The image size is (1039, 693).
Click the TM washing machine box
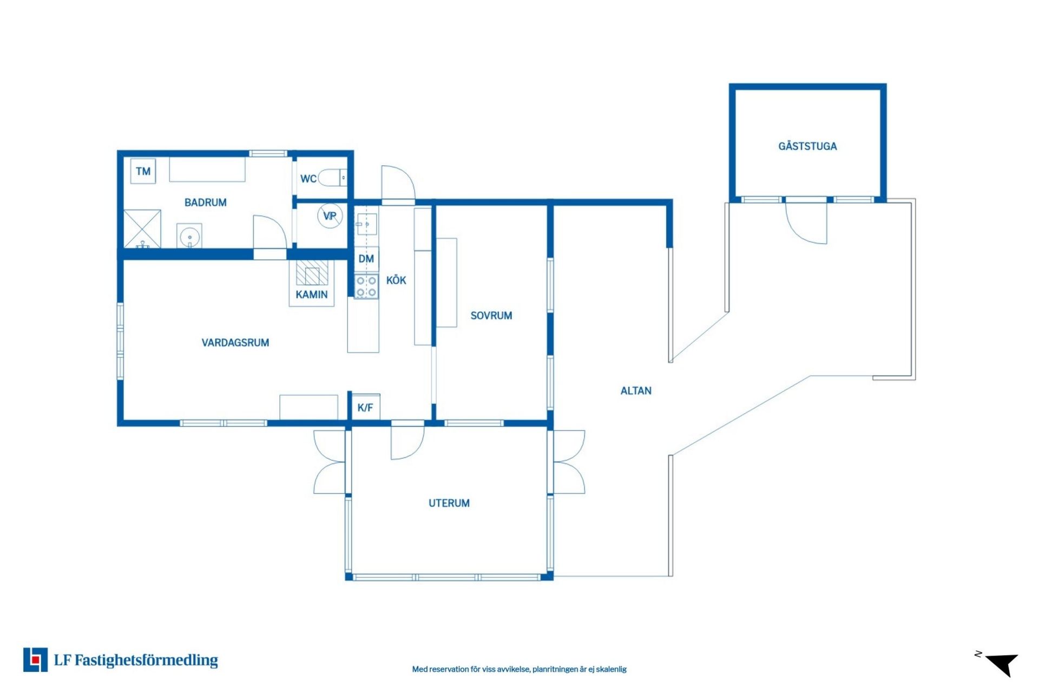pos(143,171)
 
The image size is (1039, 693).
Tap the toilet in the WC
pos(332,178)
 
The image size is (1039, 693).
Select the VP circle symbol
pos(330,216)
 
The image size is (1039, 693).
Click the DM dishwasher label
pos(366,259)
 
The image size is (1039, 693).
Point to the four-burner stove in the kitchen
pos(366,286)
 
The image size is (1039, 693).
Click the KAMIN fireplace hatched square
pos(312,272)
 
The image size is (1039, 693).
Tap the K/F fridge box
pos(365,407)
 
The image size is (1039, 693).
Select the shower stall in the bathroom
pos(142,228)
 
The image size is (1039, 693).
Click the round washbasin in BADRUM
pos(189,237)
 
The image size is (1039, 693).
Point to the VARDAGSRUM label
pos(235,343)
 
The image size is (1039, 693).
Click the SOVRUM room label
pos(491,316)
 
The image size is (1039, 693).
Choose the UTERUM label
pos(449,504)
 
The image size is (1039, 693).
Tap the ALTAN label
pos(636,391)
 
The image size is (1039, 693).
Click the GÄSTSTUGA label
pos(807,146)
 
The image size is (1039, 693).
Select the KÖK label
pos(396,280)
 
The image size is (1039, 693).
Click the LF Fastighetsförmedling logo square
pos(35,659)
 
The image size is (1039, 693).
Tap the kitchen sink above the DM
pos(366,223)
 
